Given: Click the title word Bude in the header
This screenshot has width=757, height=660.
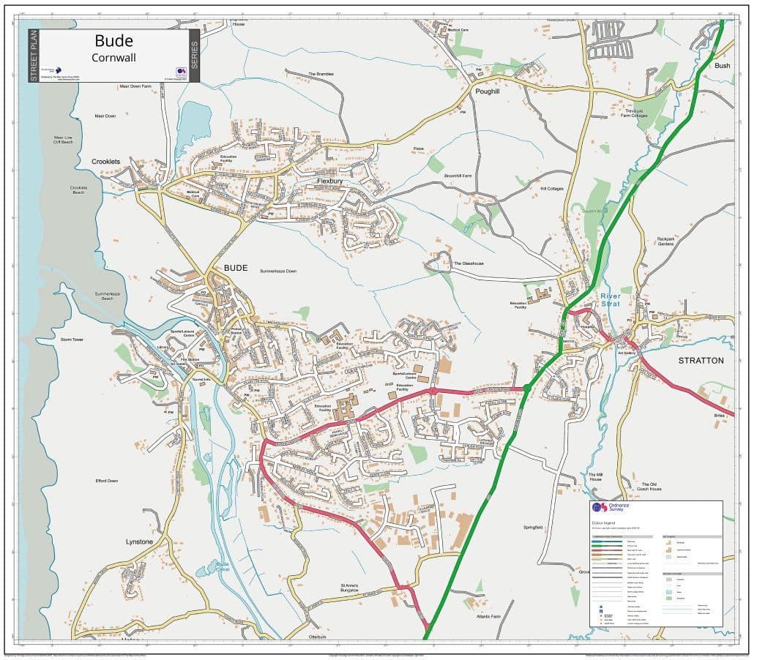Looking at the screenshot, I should click(x=113, y=40).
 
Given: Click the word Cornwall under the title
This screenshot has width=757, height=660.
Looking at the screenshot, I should click(x=113, y=57).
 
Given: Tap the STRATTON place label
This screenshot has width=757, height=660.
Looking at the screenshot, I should click(x=701, y=361).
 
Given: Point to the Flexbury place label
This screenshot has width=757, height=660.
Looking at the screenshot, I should click(x=330, y=181).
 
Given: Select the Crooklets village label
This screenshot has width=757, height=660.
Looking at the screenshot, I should click(x=105, y=162).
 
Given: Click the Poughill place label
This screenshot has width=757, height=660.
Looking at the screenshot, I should click(x=487, y=91).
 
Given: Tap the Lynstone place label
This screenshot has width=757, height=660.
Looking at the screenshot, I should click(x=139, y=541).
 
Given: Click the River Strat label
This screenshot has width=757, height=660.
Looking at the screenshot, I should click(x=610, y=300).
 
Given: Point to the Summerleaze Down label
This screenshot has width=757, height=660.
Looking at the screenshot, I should click(x=278, y=271).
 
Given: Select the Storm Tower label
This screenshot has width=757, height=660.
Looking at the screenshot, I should click(x=72, y=340).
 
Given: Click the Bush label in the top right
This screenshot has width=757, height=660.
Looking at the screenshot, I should click(x=723, y=66).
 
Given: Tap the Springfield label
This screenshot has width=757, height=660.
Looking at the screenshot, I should click(x=533, y=528).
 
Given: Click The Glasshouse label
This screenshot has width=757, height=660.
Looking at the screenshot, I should click(x=469, y=263).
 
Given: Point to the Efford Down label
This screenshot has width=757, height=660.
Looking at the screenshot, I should click(x=106, y=481).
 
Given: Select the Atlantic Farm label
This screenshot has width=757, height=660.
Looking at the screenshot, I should click(x=488, y=617).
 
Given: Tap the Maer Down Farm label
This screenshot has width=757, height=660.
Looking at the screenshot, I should click(x=135, y=86).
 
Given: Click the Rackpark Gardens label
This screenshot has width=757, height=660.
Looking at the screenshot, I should click(x=665, y=241).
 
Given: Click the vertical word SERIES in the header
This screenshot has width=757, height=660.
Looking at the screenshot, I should click(x=194, y=55).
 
